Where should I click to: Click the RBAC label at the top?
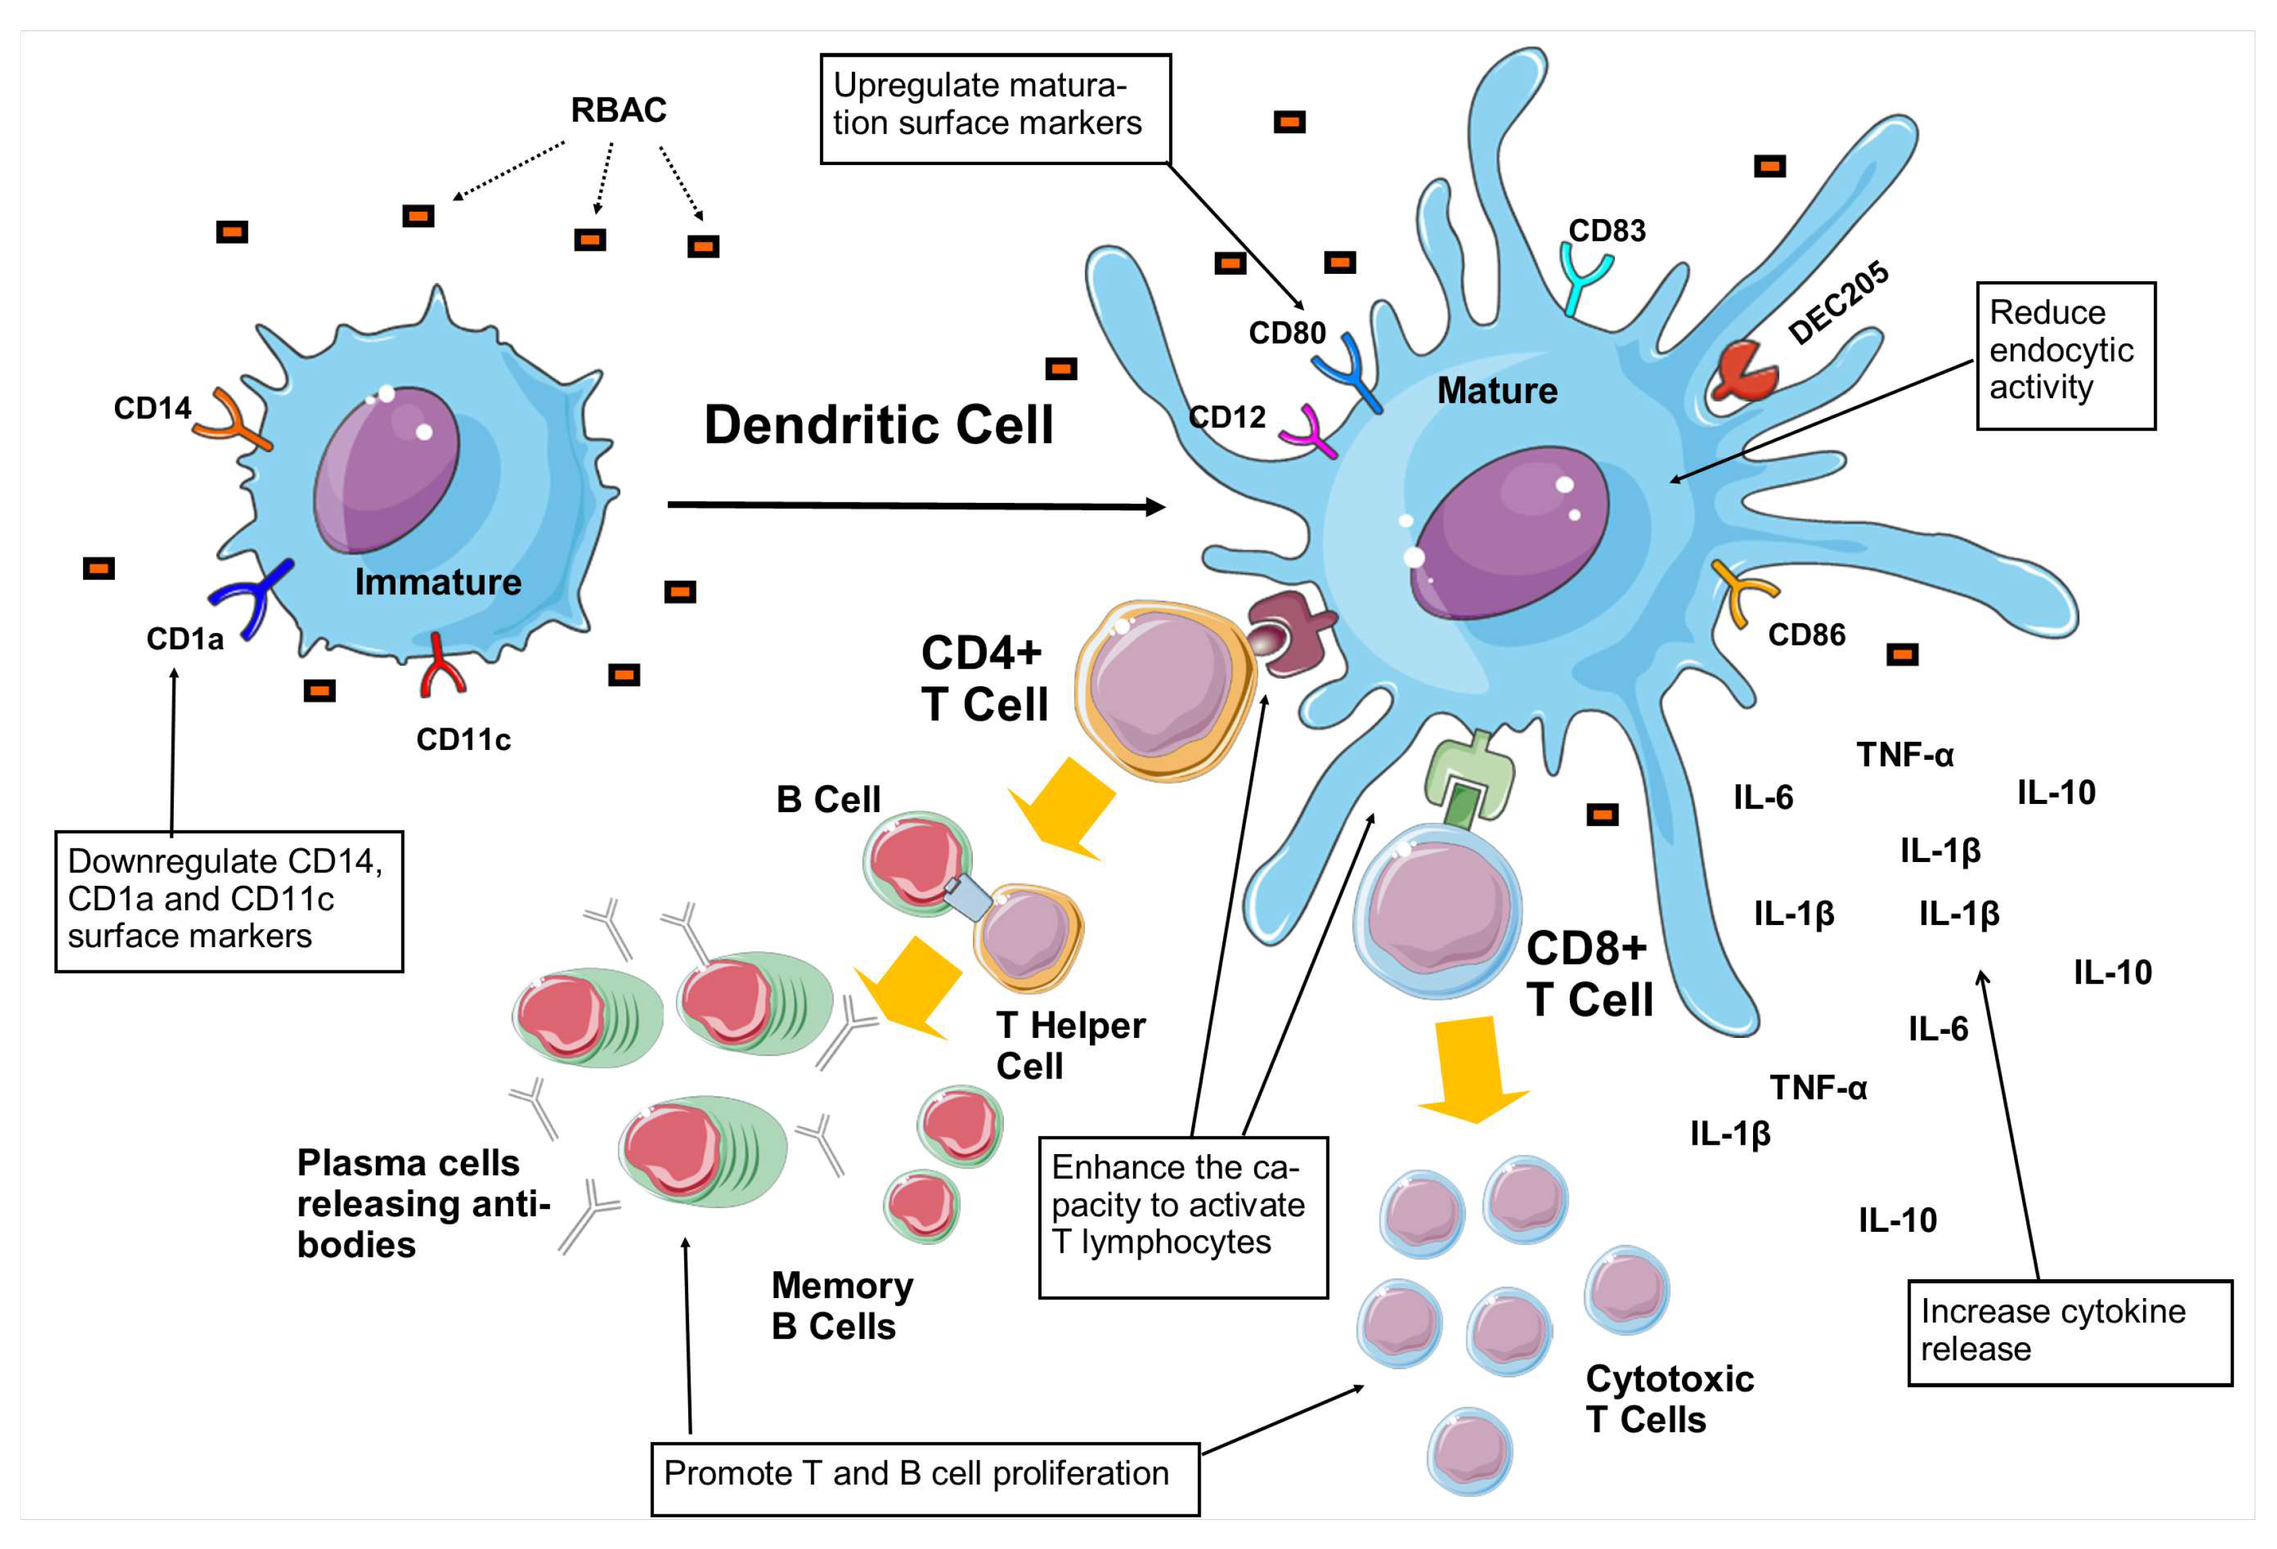pyautogui.click(x=618, y=110)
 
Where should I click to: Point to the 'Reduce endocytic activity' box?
pyautogui.click(x=2065, y=356)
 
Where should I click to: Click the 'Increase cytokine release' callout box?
pyautogui.click(x=2069, y=1333)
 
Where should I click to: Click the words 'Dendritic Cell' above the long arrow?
pyautogui.click(x=879, y=425)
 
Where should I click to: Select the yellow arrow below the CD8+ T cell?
pyautogui.click(x=1472, y=1069)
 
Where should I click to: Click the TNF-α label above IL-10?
pyautogui.click(x=1904, y=755)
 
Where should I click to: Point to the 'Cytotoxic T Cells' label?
pyautogui.click(x=1669, y=1399)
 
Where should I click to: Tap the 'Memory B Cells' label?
pyautogui.click(x=842, y=1305)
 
